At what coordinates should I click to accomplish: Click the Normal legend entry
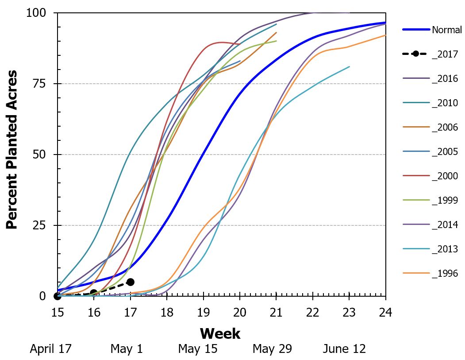click(446, 30)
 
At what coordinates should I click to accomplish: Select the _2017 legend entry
click(445, 54)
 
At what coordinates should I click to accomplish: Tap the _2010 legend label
click(445, 103)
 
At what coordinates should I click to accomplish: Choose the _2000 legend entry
click(445, 176)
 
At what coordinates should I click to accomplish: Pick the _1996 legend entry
click(445, 274)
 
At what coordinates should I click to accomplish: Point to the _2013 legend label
click(445, 249)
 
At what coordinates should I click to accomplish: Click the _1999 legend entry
click(445, 201)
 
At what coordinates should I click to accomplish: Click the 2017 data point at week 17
click(130, 282)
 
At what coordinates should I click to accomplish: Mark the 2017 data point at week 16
click(93, 293)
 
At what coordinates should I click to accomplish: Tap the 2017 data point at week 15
click(57, 296)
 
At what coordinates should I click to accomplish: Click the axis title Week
click(220, 333)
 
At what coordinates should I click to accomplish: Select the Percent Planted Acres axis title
click(12, 149)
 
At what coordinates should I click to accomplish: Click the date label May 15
click(198, 349)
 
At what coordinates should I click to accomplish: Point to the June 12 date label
click(344, 349)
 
